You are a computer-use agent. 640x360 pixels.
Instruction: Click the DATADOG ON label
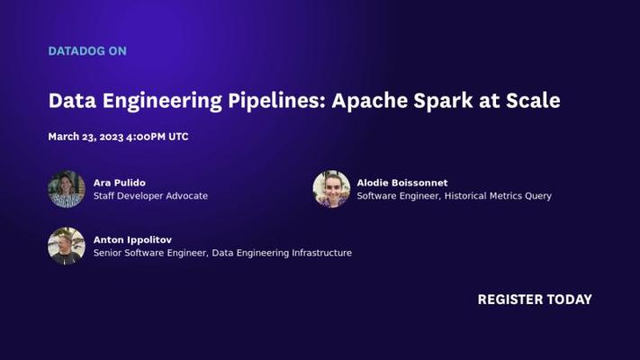pyautogui.click(x=87, y=51)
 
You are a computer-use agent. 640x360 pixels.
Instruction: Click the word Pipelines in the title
pyautogui.click(x=276, y=101)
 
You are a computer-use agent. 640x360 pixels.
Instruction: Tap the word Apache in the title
pyautogui.click(x=369, y=101)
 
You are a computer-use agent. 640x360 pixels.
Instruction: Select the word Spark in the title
pyautogui.click(x=443, y=100)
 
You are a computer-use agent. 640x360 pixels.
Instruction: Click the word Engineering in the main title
pyautogui.click(x=162, y=101)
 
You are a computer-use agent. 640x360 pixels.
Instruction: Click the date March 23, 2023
pyautogui.click(x=86, y=137)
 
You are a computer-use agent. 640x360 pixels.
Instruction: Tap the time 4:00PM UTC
pyautogui.click(x=158, y=137)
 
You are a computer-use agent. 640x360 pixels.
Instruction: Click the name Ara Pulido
pyautogui.click(x=119, y=183)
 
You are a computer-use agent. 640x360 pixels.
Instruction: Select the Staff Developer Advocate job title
pyautogui.click(x=150, y=196)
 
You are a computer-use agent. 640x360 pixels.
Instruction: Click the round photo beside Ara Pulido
pyautogui.click(x=67, y=189)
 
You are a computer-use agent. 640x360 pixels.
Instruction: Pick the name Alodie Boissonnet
pyautogui.click(x=402, y=183)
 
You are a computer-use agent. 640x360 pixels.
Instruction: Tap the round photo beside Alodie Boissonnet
pyautogui.click(x=331, y=189)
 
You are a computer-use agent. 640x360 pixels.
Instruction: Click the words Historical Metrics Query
pyautogui.click(x=498, y=196)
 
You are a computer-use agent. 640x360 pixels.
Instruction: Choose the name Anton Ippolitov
pyautogui.click(x=132, y=240)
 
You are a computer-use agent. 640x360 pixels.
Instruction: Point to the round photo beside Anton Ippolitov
pyautogui.click(x=67, y=246)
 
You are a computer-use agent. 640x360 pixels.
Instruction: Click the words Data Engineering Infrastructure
pyautogui.click(x=282, y=253)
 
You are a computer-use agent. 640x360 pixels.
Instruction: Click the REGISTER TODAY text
pyautogui.click(x=535, y=300)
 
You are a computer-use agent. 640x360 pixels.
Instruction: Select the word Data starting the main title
pyautogui.click(x=72, y=101)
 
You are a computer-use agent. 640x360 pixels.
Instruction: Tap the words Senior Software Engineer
pyautogui.click(x=150, y=253)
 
